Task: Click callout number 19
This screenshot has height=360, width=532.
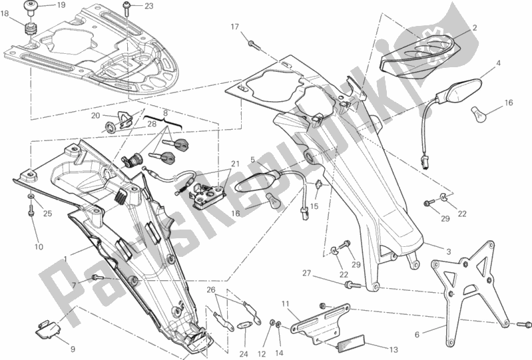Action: [x=61, y=6]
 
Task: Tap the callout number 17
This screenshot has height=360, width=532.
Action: [x=234, y=27]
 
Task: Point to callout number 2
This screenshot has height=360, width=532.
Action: [x=475, y=28]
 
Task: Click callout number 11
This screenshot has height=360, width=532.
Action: [x=285, y=304]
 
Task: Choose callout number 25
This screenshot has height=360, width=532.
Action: [x=47, y=214]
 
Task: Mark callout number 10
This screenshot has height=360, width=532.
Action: [x=39, y=247]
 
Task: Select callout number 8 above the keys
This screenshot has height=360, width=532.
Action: [x=166, y=113]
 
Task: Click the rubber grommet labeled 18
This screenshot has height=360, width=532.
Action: [x=29, y=29]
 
